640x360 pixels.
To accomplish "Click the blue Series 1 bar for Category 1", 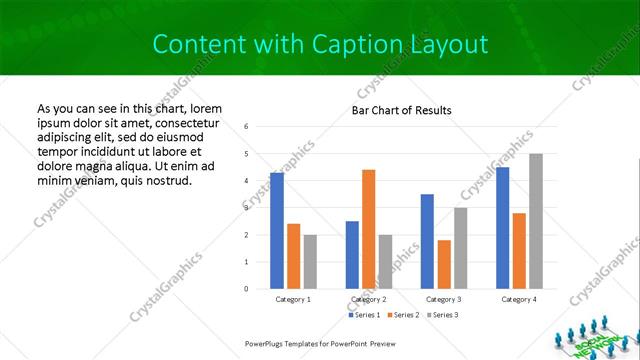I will tap(277, 231).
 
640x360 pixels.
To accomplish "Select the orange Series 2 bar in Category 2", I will tap(368, 229).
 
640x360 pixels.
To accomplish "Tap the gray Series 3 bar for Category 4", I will tap(535, 221).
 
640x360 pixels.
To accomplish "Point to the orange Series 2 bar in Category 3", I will tap(443, 264).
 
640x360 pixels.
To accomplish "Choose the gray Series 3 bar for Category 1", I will tap(310, 262).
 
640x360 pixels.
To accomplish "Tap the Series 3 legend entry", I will tap(444, 315).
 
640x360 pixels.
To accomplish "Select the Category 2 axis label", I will tap(368, 299).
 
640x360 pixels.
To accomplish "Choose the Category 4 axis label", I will tap(518, 299).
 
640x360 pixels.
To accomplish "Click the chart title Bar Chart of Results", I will tap(402, 110).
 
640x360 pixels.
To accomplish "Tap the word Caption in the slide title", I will tap(356, 44).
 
